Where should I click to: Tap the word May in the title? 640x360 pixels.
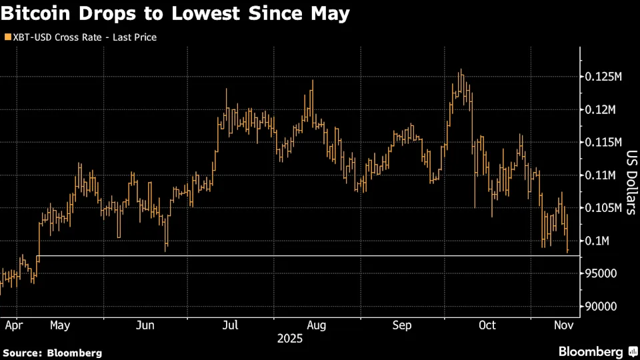tap(331, 13)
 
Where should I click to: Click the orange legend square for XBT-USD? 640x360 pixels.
tap(7, 37)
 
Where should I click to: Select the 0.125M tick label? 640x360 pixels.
tap(604, 77)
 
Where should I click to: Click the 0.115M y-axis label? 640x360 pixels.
tap(604, 142)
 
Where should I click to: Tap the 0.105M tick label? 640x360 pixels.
tap(604, 207)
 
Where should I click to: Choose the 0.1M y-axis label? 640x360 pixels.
tap(599, 240)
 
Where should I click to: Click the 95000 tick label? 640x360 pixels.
tap(601, 273)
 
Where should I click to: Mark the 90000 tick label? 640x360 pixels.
tap(601, 306)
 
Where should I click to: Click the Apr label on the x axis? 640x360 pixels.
tap(14, 325)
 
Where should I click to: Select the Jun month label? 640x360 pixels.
tap(145, 325)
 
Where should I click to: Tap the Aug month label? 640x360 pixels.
tap(316, 325)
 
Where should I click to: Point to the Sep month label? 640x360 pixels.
tap(402, 325)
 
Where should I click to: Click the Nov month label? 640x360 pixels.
tap(564, 325)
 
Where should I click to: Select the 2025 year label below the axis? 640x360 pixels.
tap(290, 339)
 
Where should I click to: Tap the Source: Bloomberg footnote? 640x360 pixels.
tap(53, 353)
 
